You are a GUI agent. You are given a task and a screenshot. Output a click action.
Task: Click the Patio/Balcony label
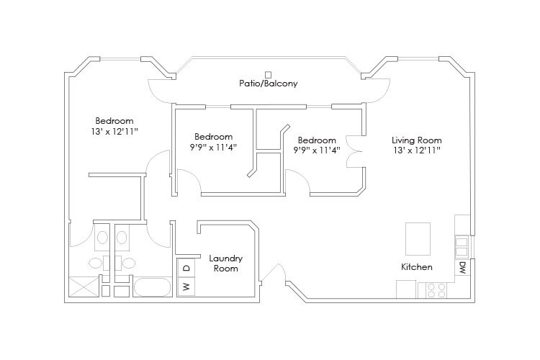[269, 84]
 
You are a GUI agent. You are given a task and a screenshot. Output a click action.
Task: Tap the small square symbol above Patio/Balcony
[269, 74]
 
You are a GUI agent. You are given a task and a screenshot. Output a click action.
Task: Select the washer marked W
[186, 287]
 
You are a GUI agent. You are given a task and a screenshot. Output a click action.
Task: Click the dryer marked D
[186, 268]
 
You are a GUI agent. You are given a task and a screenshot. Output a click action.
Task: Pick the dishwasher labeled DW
[462, 267]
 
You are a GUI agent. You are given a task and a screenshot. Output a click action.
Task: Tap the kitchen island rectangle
[418, 239]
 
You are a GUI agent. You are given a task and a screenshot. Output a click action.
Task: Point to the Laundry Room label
[226, 264]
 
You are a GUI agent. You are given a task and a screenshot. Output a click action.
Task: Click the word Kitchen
[417, 267]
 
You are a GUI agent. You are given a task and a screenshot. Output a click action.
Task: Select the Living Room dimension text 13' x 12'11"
[417, 150]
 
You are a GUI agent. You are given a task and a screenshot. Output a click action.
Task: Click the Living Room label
[417, 140]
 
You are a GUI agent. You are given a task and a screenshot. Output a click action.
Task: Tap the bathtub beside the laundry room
[152, 287]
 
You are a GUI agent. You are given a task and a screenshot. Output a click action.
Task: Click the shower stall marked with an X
[83, 287]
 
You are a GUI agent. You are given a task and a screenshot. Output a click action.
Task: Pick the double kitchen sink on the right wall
[462, 248]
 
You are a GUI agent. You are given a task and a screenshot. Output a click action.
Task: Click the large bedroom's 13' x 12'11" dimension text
[114, 131]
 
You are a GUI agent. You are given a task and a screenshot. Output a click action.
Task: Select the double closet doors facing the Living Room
[355, 152]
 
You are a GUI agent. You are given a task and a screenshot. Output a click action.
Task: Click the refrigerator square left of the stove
[406, 289]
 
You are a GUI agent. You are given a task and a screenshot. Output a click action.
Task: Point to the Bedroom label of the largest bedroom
[114, 121]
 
